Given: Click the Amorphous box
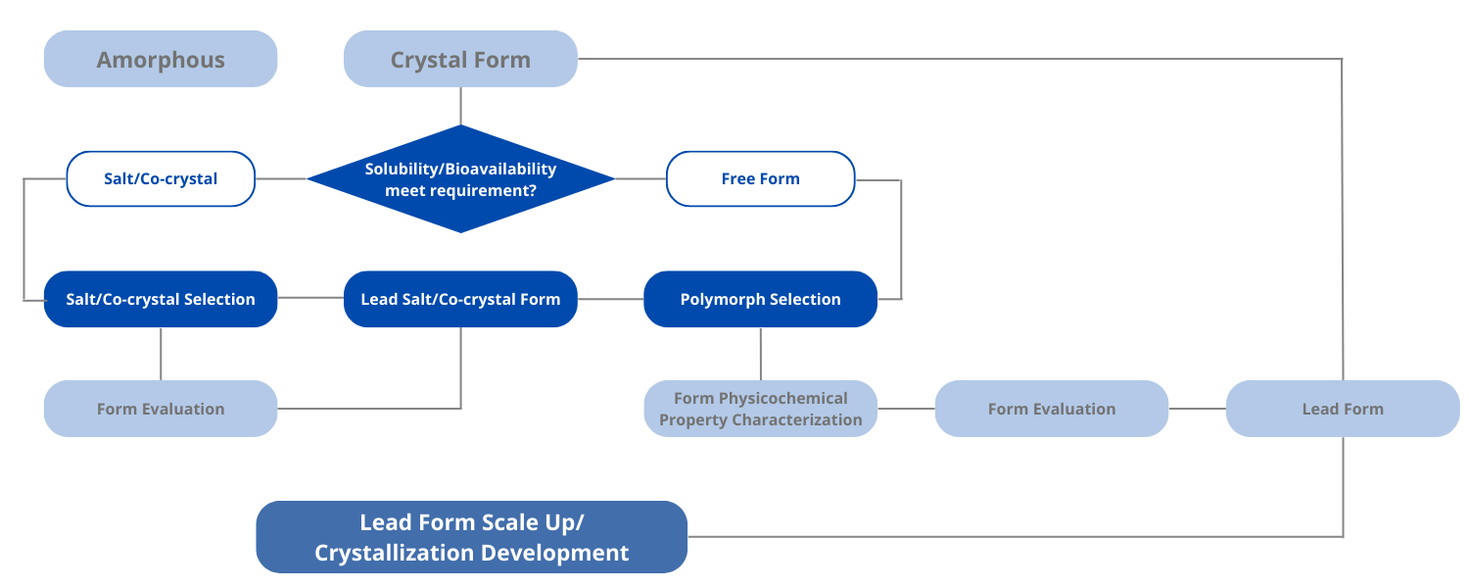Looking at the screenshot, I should (161, 59).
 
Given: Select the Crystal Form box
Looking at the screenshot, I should (460, 59).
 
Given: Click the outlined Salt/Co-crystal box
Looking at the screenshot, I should (161, 178).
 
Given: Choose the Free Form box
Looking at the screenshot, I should (760, 178).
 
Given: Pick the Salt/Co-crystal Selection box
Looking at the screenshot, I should (161, 299).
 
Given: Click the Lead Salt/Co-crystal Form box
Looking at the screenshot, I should (460, 299).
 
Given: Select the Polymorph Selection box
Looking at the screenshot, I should (760, 299).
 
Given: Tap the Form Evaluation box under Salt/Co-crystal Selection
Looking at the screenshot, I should (161, 409).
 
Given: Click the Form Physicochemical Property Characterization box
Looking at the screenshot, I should (760, 409).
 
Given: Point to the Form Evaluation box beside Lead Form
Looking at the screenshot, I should (1051, 409).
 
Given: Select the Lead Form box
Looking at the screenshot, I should (1343, 409).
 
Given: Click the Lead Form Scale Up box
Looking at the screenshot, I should (471, 537).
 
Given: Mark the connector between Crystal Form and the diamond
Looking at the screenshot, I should (460, 106).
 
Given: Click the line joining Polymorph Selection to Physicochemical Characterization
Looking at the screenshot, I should (760, 354).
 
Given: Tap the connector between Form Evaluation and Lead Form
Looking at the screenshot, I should (1198, 409).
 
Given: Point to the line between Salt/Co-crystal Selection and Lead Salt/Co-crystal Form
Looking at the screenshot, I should (310, 299).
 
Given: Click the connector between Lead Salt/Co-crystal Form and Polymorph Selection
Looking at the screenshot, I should (610, 299).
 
